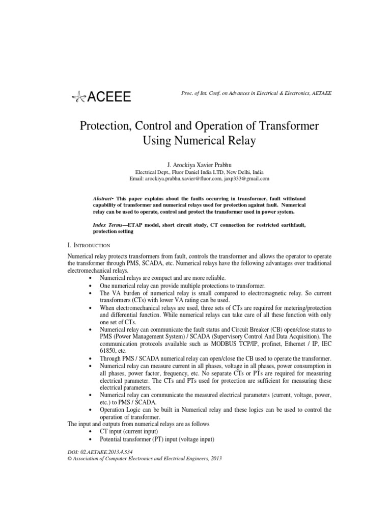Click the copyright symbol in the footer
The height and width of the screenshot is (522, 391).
coord(70,458)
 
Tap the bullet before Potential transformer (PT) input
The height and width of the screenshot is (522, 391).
coord(91,439)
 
